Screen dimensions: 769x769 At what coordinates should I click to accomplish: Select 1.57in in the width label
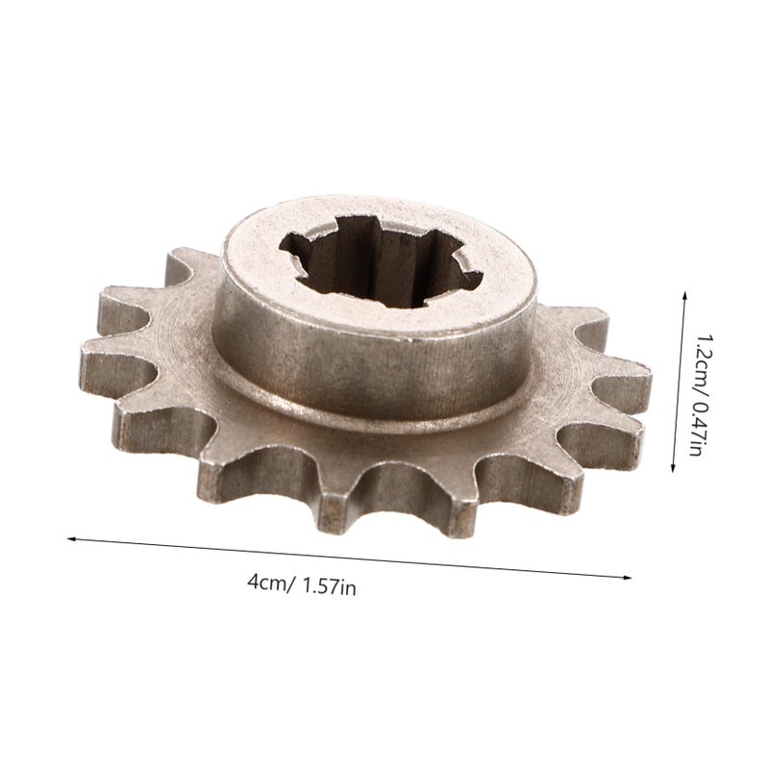point(330,586)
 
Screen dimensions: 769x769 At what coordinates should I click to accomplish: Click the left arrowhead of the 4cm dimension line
point(71,538)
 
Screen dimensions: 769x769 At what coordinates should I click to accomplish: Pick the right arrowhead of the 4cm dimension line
point(628,578)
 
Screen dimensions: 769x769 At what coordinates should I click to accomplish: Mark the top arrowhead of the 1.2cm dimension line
point(684,296)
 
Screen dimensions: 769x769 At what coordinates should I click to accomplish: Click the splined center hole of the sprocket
point(381,262)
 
